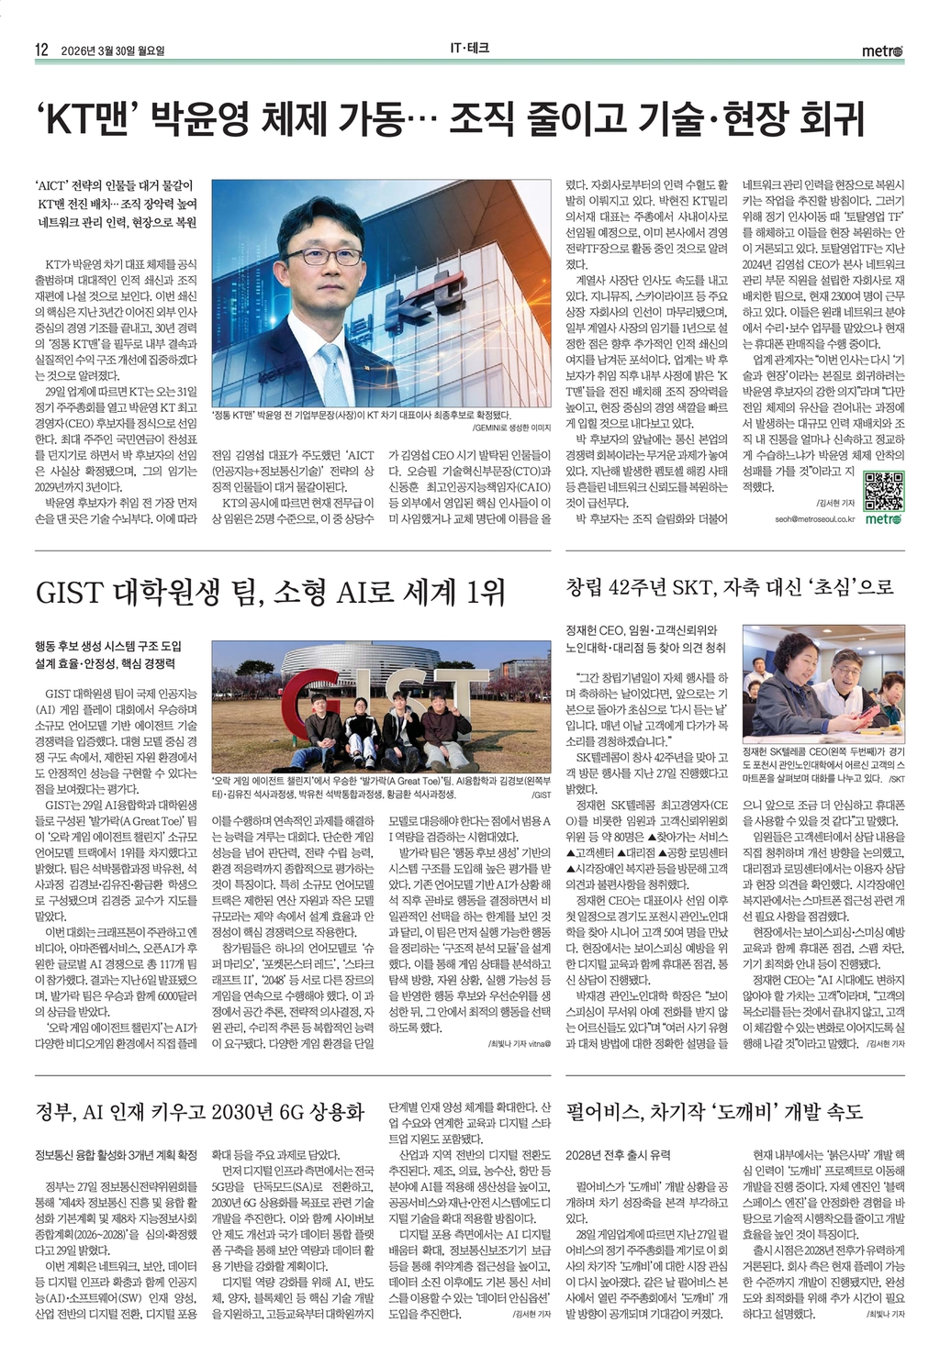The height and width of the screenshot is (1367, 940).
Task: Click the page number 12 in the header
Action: coord(41,50)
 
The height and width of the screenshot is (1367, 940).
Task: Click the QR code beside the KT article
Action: coord(885,490)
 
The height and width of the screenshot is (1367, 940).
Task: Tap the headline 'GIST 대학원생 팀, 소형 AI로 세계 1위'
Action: coord(270,593)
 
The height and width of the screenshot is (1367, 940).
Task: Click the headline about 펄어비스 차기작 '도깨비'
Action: coord(715,1112)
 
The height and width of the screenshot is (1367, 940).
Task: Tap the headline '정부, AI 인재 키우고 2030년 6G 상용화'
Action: coord(200,1112)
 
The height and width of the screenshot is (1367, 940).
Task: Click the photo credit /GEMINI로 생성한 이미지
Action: coord(510,428)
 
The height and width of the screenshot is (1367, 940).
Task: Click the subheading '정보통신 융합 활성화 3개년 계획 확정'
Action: coord(116,1155)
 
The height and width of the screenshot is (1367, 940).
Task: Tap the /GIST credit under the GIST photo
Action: coord(541,795)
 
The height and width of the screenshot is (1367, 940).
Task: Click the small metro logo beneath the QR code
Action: coord(883,519)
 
